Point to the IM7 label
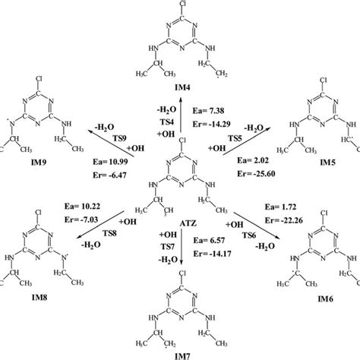click(180, 354)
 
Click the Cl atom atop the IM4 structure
click(180, 9)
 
